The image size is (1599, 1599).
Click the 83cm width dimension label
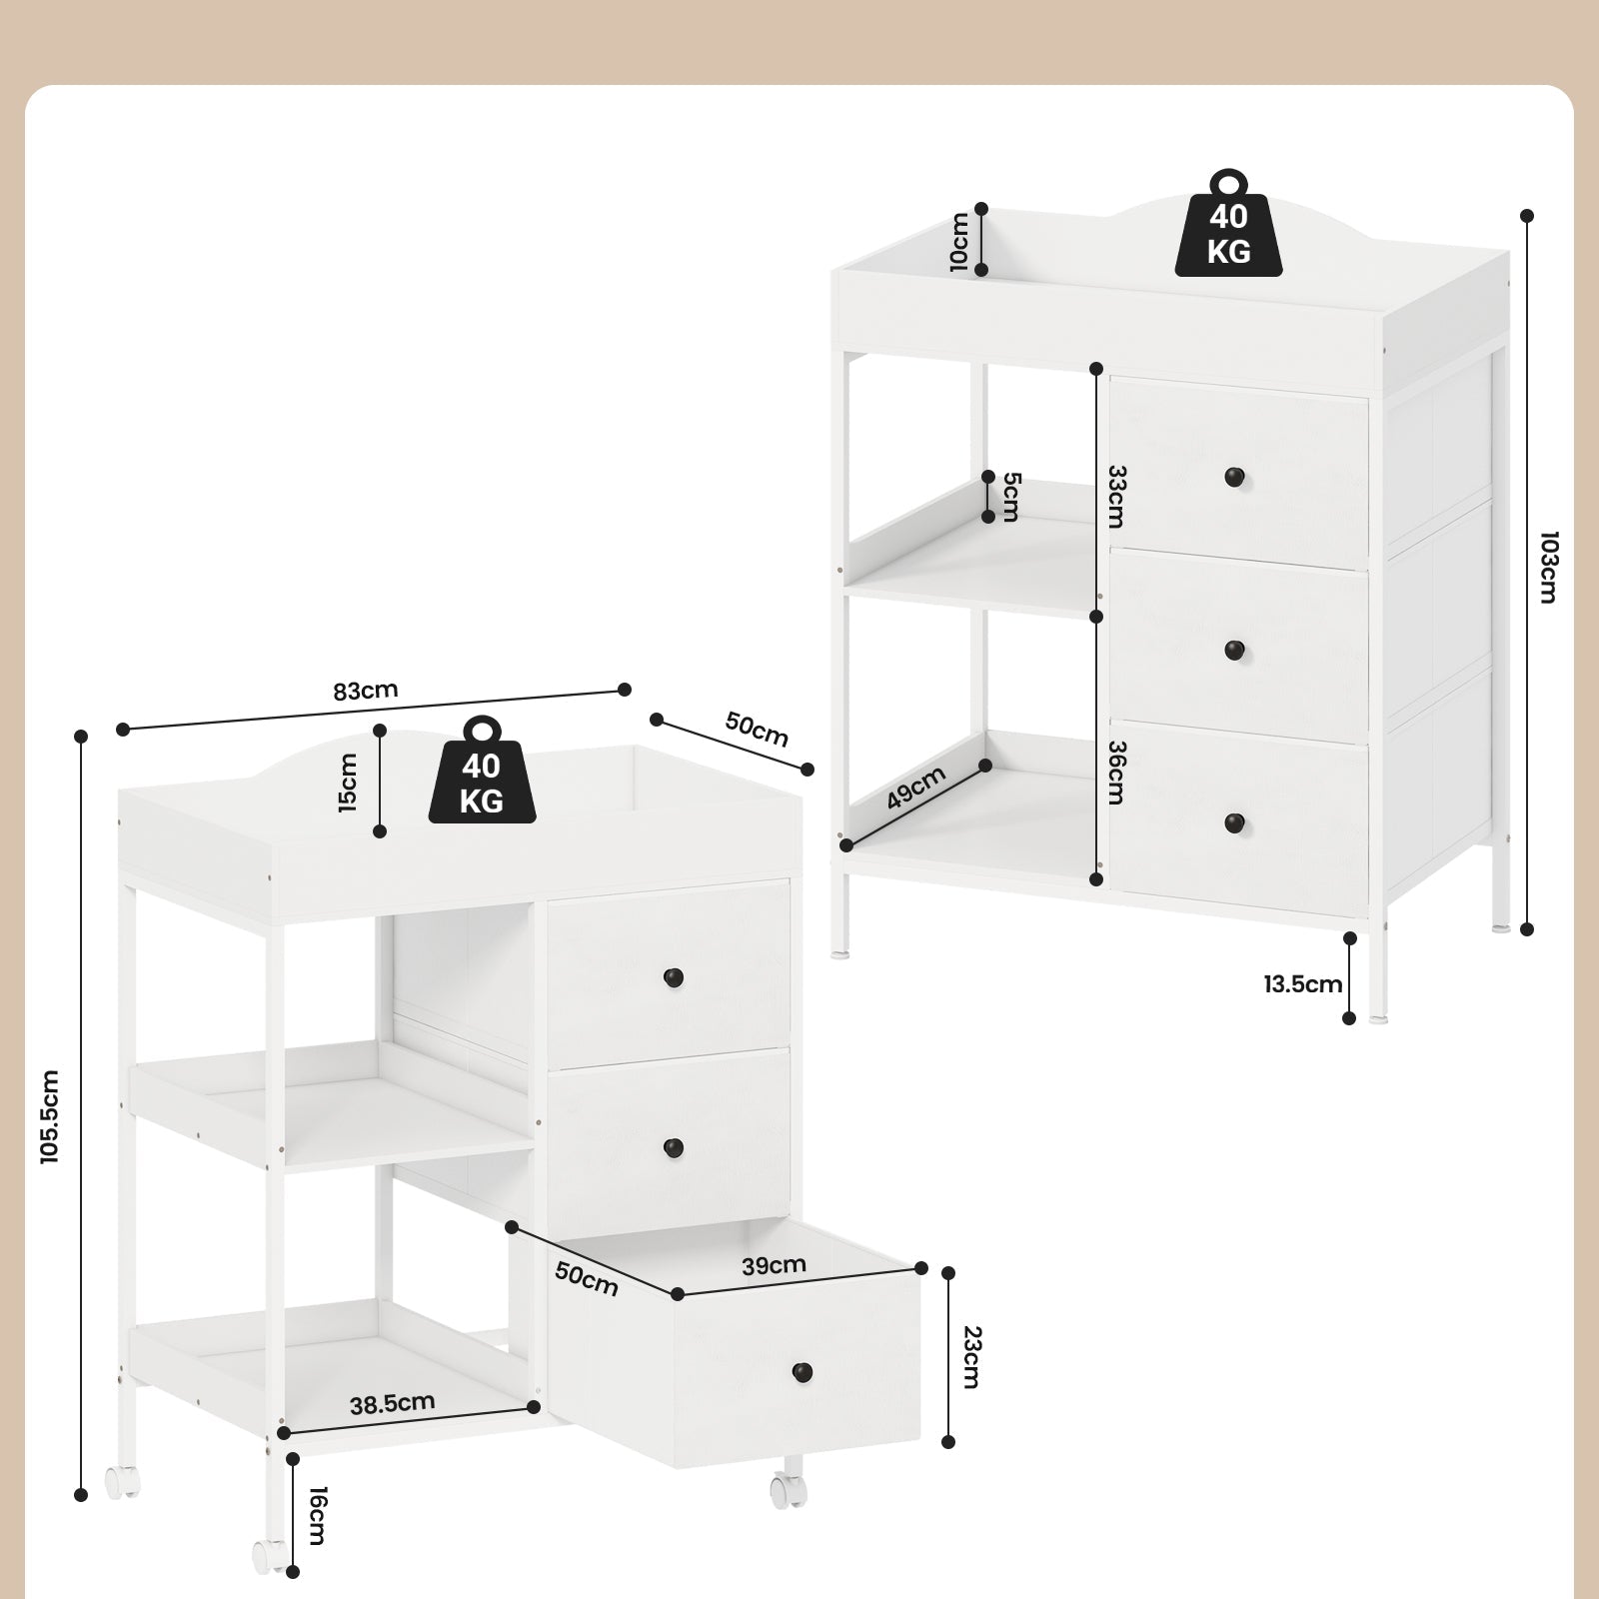click(366, 690)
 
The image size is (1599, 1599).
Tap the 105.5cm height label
click(50, 1116)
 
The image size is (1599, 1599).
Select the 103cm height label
click(1548, 567)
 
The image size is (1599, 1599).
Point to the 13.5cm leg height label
click(1302, 984)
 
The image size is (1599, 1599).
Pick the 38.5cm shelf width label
click(393, 1403)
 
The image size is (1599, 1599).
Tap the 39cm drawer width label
click(775, 1265)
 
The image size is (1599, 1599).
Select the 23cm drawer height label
click(970, 1356)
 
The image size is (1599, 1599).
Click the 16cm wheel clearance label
click(317, 1516)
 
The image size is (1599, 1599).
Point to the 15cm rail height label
click(348, 782)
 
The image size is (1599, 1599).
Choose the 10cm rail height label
click(958, 241)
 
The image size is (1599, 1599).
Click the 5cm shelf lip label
click(1011, 497)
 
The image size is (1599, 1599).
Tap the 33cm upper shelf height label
click(1116, 497)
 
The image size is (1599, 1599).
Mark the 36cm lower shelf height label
click(1116, 772)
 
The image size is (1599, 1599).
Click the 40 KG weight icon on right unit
click(1228, 223)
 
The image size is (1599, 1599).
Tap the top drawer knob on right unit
click(1236, 477)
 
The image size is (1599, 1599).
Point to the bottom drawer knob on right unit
click(1236, 823)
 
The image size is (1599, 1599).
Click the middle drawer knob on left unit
click(674, 1147)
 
